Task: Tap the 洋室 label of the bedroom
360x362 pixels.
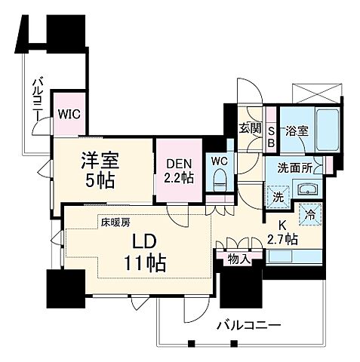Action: (98, 161)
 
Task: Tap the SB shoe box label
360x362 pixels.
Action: (272, 136)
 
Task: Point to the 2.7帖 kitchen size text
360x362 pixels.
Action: (283, 241)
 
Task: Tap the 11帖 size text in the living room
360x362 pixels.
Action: (146, 264)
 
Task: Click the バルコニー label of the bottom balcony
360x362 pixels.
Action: (251, 326)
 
